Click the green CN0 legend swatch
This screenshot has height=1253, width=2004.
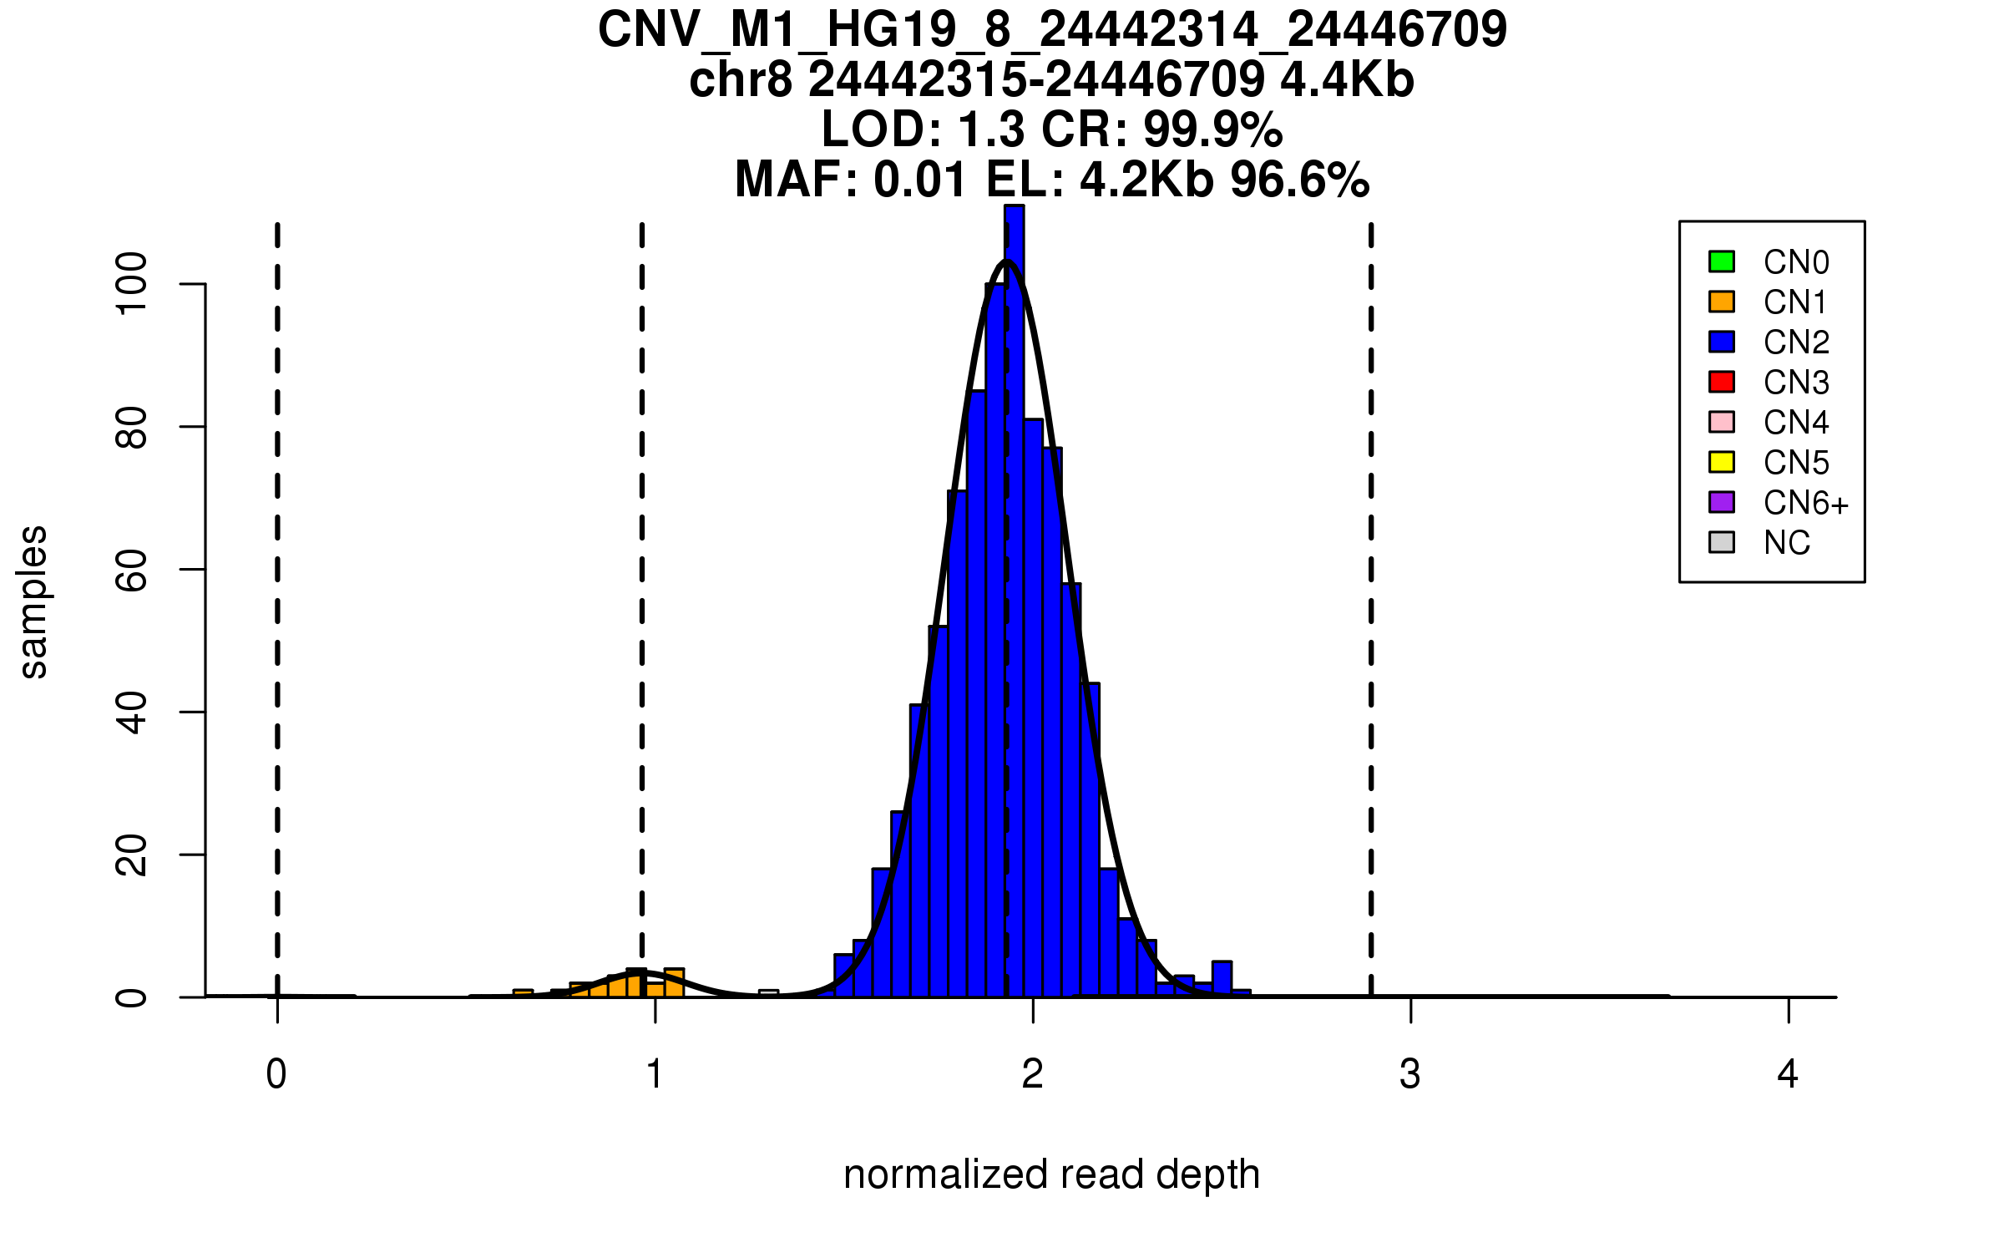click(1722, 261)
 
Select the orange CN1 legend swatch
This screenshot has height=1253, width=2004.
click(1722, 302)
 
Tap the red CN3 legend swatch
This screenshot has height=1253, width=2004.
click(1722, 382)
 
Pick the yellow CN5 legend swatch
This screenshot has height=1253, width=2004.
click(1722, 462)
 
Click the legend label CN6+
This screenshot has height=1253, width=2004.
click(1806, 503)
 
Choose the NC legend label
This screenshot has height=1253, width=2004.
click(1787, 543)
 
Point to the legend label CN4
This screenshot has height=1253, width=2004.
click(1796, 423)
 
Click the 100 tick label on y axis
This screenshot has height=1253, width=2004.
click(132, 284)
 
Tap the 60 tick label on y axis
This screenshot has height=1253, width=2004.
click(132, 570)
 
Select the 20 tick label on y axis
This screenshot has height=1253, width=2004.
click(132, 855)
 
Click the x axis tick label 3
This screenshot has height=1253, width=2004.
click(1410, 1074)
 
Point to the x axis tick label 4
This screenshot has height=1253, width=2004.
click(1788, 1074)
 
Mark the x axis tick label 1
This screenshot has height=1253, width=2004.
click(655, 1074)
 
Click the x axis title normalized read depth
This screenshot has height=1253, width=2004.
click(1051, 1174)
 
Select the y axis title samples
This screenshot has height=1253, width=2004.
click(33, 601)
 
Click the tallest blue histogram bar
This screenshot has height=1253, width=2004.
click(1015, 601)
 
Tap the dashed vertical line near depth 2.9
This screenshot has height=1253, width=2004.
click(1371, 610)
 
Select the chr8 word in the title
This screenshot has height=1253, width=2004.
click(740, 80)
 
